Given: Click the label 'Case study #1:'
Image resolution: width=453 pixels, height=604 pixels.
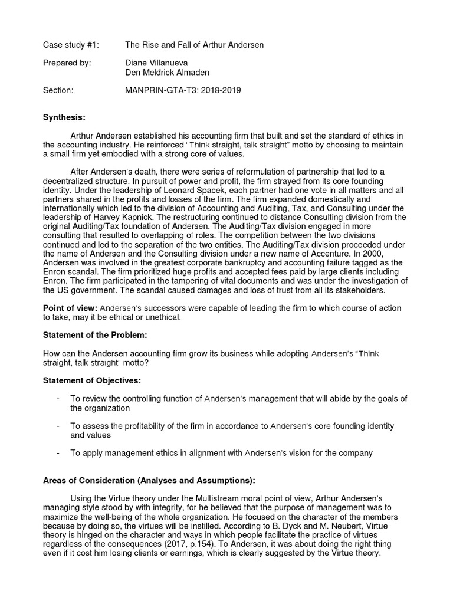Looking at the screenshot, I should [71, 45].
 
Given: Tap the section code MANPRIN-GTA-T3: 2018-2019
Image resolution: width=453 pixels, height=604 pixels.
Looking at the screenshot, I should [183, 91].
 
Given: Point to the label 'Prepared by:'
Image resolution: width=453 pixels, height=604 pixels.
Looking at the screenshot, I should [67, 63].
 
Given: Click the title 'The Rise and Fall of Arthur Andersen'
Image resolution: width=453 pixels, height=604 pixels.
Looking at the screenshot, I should [194, 45].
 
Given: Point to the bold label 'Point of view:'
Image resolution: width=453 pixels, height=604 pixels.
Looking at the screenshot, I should [70, 308].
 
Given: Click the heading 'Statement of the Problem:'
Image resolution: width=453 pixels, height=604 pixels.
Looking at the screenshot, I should [95, 335].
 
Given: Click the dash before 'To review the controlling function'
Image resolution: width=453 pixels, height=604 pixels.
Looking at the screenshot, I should [58, 399].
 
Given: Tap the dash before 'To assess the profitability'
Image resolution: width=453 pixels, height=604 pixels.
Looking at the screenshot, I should [58, 426].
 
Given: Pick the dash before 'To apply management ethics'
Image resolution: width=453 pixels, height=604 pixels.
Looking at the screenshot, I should [58, 453].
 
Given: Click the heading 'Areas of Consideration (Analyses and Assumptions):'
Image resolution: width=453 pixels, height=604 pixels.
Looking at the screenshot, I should [149, 480].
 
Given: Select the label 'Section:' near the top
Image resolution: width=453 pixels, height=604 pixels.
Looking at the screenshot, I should [58, 91].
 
